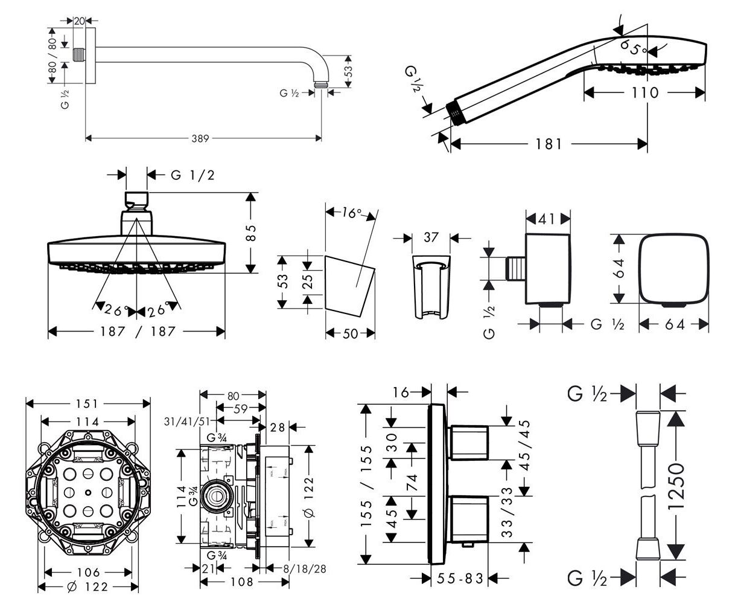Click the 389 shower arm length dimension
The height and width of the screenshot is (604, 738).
click(x=200, y=139)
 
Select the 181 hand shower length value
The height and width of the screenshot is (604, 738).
click(x=549, y=144)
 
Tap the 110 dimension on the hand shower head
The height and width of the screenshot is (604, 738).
click(x=645, y=93)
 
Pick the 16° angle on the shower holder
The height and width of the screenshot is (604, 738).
click(x=351, y=213)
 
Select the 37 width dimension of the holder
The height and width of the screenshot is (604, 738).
click(x=430, y=237)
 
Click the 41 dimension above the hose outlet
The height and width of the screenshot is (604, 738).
click(x=548, y=219)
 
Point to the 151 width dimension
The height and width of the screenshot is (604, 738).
click(x=88, y=403)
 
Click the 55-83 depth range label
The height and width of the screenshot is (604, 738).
click(x=460, y=579)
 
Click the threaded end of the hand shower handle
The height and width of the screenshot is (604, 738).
click(x=456, y=112)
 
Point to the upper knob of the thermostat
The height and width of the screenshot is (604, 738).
click(x=469, y=443)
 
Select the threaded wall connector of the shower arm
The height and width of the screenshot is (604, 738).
click(x=78, y=54)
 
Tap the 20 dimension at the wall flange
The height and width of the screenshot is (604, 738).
click(x=79, y=21)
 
